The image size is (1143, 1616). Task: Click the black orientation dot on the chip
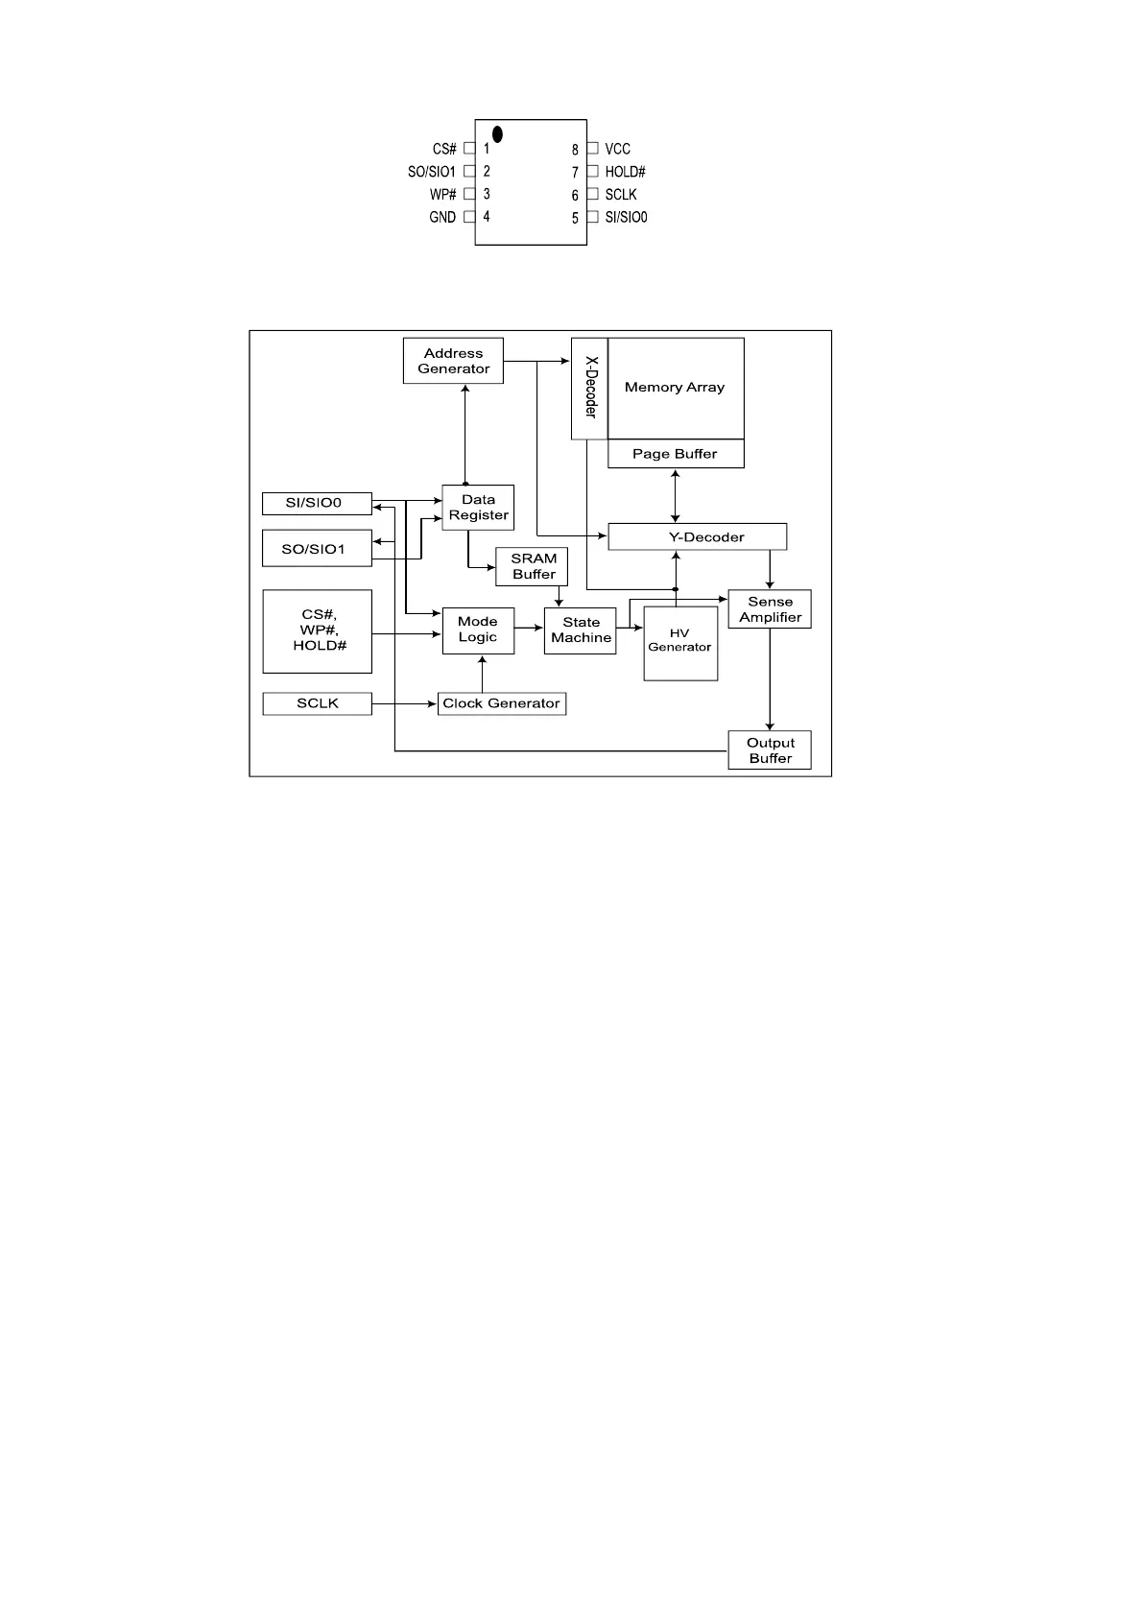pyautogui.click(x=497, y=134)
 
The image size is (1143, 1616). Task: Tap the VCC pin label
pyautogui.click(x=617, y=149)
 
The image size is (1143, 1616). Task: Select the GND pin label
pyautogui.click(x=442, y=217)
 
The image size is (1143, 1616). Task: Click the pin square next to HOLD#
pyautogui.click(x=592, y=171)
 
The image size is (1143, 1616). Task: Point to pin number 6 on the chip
pyautogui.click(x=576, y=195)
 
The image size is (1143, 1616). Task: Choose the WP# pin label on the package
pyautogui.click(x=443, y=194)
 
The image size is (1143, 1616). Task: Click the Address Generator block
pyautogui.click(x=453, y=361)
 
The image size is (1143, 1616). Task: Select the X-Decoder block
pyautogui.click(x=589, y=388)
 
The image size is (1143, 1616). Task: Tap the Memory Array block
pyautogui.click(x=676, y=388)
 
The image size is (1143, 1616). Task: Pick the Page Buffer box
pyautogui.click(x=676, y=454)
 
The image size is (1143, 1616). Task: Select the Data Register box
pyautogui.click(x=478, y=508)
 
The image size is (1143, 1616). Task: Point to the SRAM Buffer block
pyautogui.click(x=533, y=566)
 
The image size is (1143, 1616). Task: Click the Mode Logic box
pyautogui.click(x=478, y=630)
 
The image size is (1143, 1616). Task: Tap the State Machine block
pyautogui.click(x=581, y=630)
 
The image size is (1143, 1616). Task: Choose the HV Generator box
pyautogui.click(x=680, y=643)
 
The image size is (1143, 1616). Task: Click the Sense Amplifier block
pyautogui.click(x=770, y=609)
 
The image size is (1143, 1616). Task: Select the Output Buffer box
pyautogui.click(x=770, y=750)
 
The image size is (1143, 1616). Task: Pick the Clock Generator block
pyautogui.click(x=501, y=703)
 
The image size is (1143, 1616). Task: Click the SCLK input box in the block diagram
pyautogui.click(x=317, y=703)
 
